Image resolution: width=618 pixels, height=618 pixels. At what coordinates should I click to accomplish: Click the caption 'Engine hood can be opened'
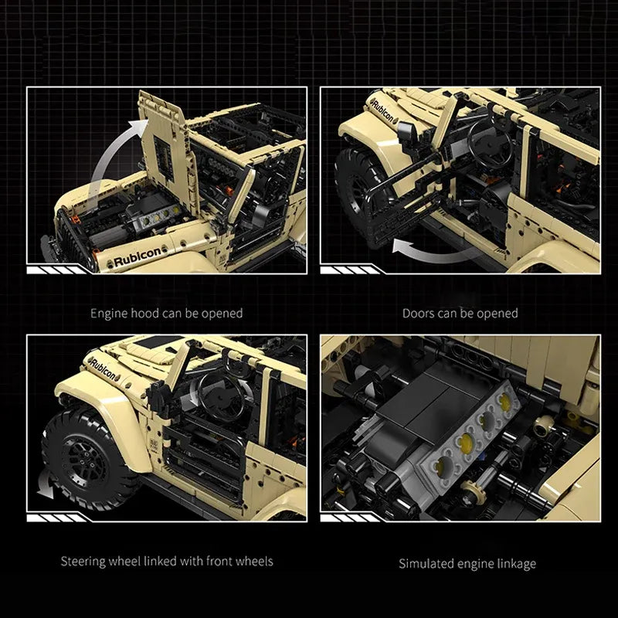click(x=166, y=314)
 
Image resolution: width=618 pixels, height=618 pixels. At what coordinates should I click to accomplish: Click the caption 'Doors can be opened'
click(x=460, y=314)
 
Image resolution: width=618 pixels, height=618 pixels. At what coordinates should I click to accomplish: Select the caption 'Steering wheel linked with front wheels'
click(x=167, y=562)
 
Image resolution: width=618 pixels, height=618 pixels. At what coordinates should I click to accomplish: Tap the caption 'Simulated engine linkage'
click(x=467, y=564)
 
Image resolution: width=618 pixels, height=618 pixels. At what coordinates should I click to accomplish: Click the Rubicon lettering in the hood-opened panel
click(x=138, y=256)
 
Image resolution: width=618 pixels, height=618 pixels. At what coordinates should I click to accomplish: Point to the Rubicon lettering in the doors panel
click(x=382, y=109)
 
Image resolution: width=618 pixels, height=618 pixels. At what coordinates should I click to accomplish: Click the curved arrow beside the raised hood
click(x=111, y=154)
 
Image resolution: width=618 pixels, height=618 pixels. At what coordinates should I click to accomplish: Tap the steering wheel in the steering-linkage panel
click(x=221, y=397)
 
